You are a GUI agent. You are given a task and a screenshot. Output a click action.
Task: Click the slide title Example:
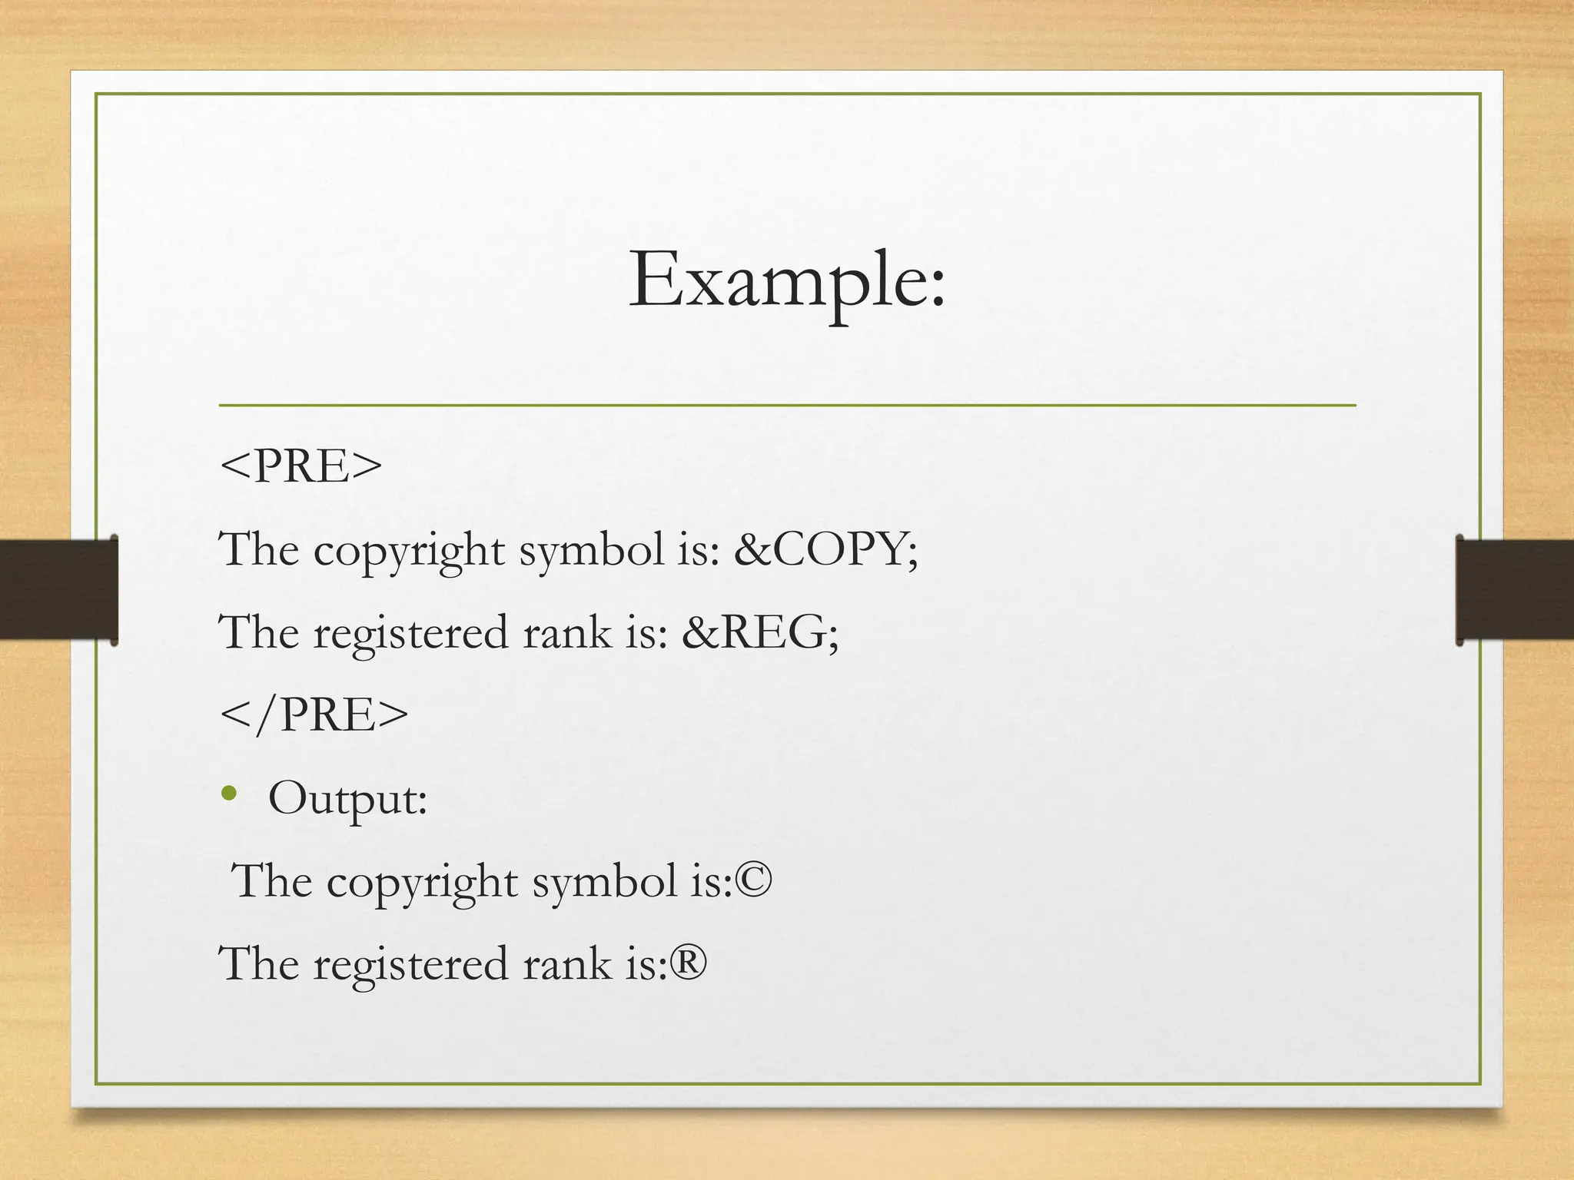pyautogui.click(x=787, y=280)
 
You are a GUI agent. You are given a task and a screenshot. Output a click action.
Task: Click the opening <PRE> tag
pyautogui.click(x=301, y=466)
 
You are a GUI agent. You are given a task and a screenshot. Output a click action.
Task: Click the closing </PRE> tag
pyautogui.click(x=314, y=714)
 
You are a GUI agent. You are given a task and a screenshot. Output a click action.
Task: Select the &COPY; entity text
pyautogui.click(x=825, y=549)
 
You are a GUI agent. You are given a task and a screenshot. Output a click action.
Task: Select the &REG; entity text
pyautogui.click(x=760, y=632)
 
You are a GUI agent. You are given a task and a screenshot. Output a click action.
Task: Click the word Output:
pyautogui.click(x=347, y=798)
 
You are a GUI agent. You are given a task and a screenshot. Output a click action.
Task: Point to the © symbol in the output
pyautogui.click(x=753, y=880)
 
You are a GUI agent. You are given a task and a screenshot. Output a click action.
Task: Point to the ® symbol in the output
pyautogui.click(x=688, y=963)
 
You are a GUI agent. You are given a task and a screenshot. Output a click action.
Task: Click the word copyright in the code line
pyautogui.click(x=409, y=551)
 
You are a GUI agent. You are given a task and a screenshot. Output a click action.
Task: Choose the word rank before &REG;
pyautogui.click(x=567, y=632)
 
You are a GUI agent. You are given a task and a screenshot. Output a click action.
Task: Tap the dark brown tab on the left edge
pyautogui.click(x=58, y=589)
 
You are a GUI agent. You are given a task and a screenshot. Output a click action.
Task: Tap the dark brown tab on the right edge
pyautogui.click(x=1515, y=589)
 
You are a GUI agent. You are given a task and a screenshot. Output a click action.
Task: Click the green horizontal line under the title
pyautogui.click(x=787, y=405)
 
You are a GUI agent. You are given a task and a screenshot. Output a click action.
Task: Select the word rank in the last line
pyautogui.click(x=567, y=963)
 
